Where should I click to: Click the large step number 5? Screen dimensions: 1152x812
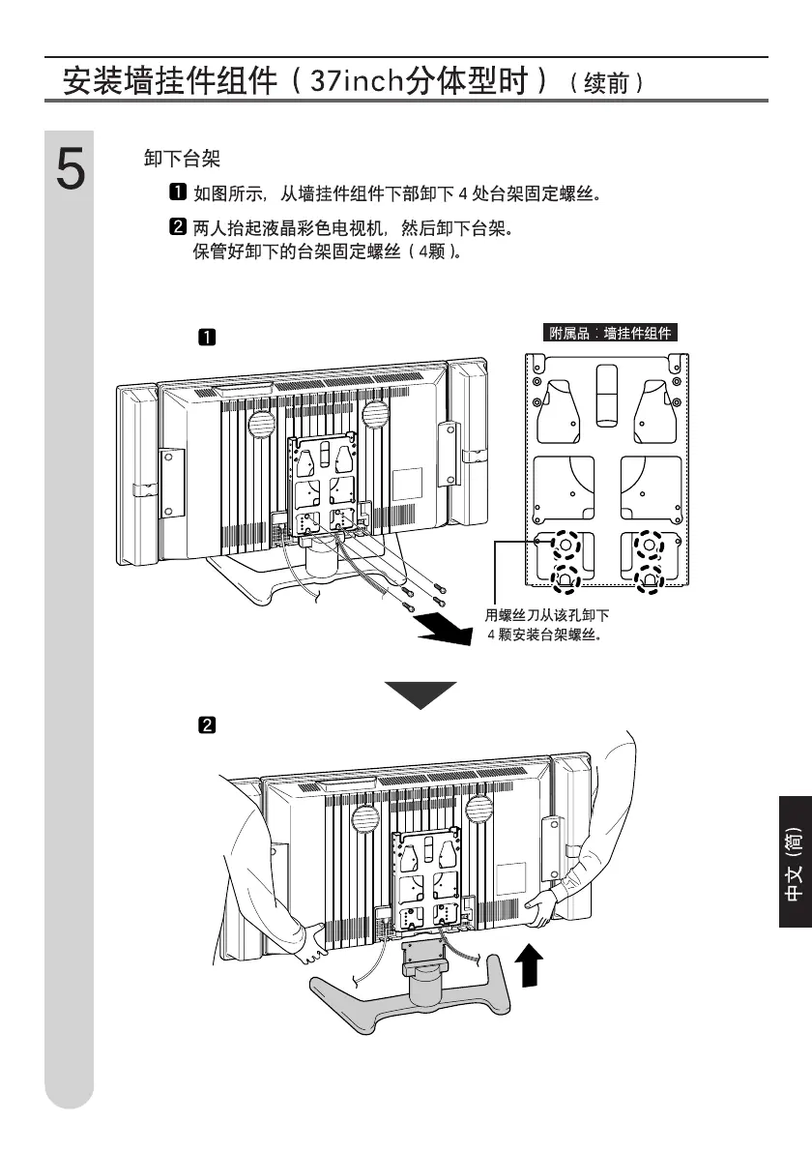pos(69,171)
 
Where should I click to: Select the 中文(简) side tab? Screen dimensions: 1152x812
pos(794,864)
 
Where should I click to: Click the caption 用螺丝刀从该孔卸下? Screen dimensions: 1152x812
pos(546,616)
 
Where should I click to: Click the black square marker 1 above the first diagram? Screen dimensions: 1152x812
pos(207,338)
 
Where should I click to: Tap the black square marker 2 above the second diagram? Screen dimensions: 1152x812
pos(207,724)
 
